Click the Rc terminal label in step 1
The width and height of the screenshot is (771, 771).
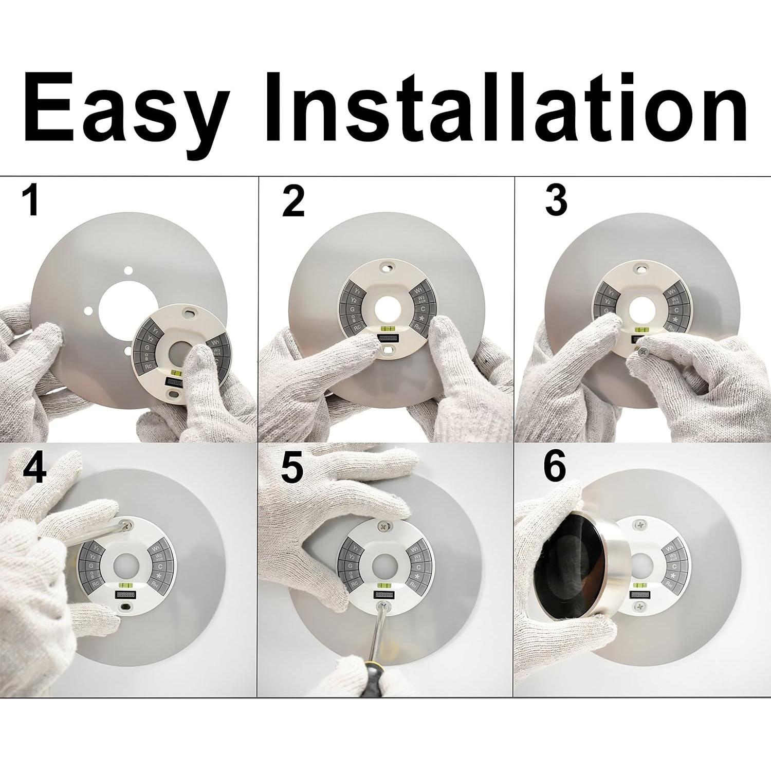click(149, 366)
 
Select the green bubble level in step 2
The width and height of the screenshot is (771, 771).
click(384, 326)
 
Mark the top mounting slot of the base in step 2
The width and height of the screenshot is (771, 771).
click(385, 267)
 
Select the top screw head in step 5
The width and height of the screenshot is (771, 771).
click(384, 526)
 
